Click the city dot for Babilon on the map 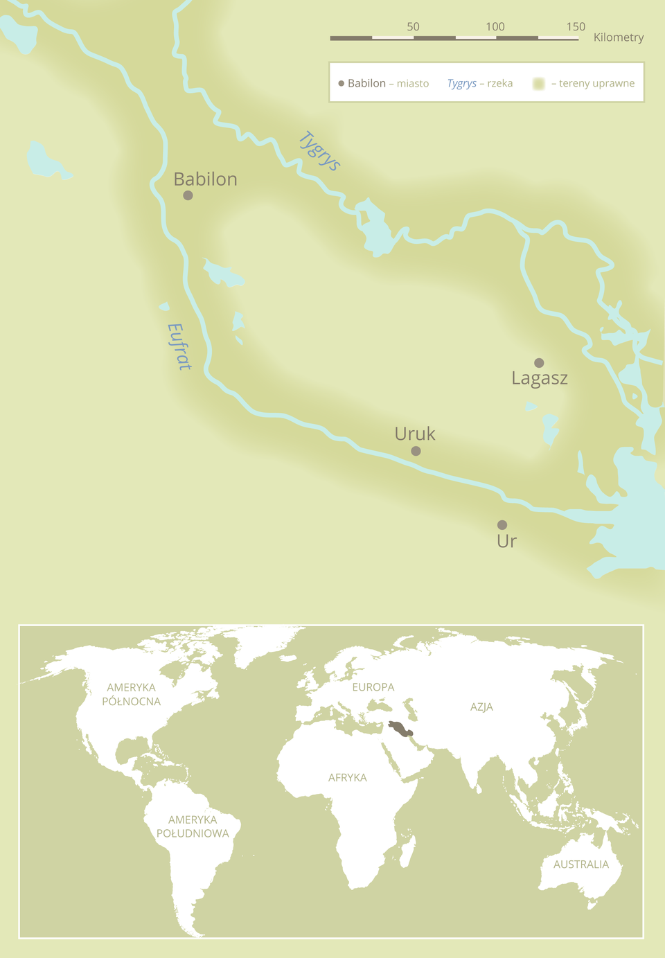188,195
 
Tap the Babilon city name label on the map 205,179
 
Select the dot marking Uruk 416,451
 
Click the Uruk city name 414,434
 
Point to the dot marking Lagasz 539,363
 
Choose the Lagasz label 540,378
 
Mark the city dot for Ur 502,525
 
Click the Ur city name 506,541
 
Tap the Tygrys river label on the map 319,151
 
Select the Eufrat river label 179,346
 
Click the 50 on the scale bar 413,26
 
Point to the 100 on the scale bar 495,26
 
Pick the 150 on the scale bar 576,26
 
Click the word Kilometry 619,37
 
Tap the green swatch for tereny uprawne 539,84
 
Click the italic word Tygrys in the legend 461,83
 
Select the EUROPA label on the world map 373,687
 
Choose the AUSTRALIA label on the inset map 580,864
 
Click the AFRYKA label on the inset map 347,778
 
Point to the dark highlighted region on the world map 400,729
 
